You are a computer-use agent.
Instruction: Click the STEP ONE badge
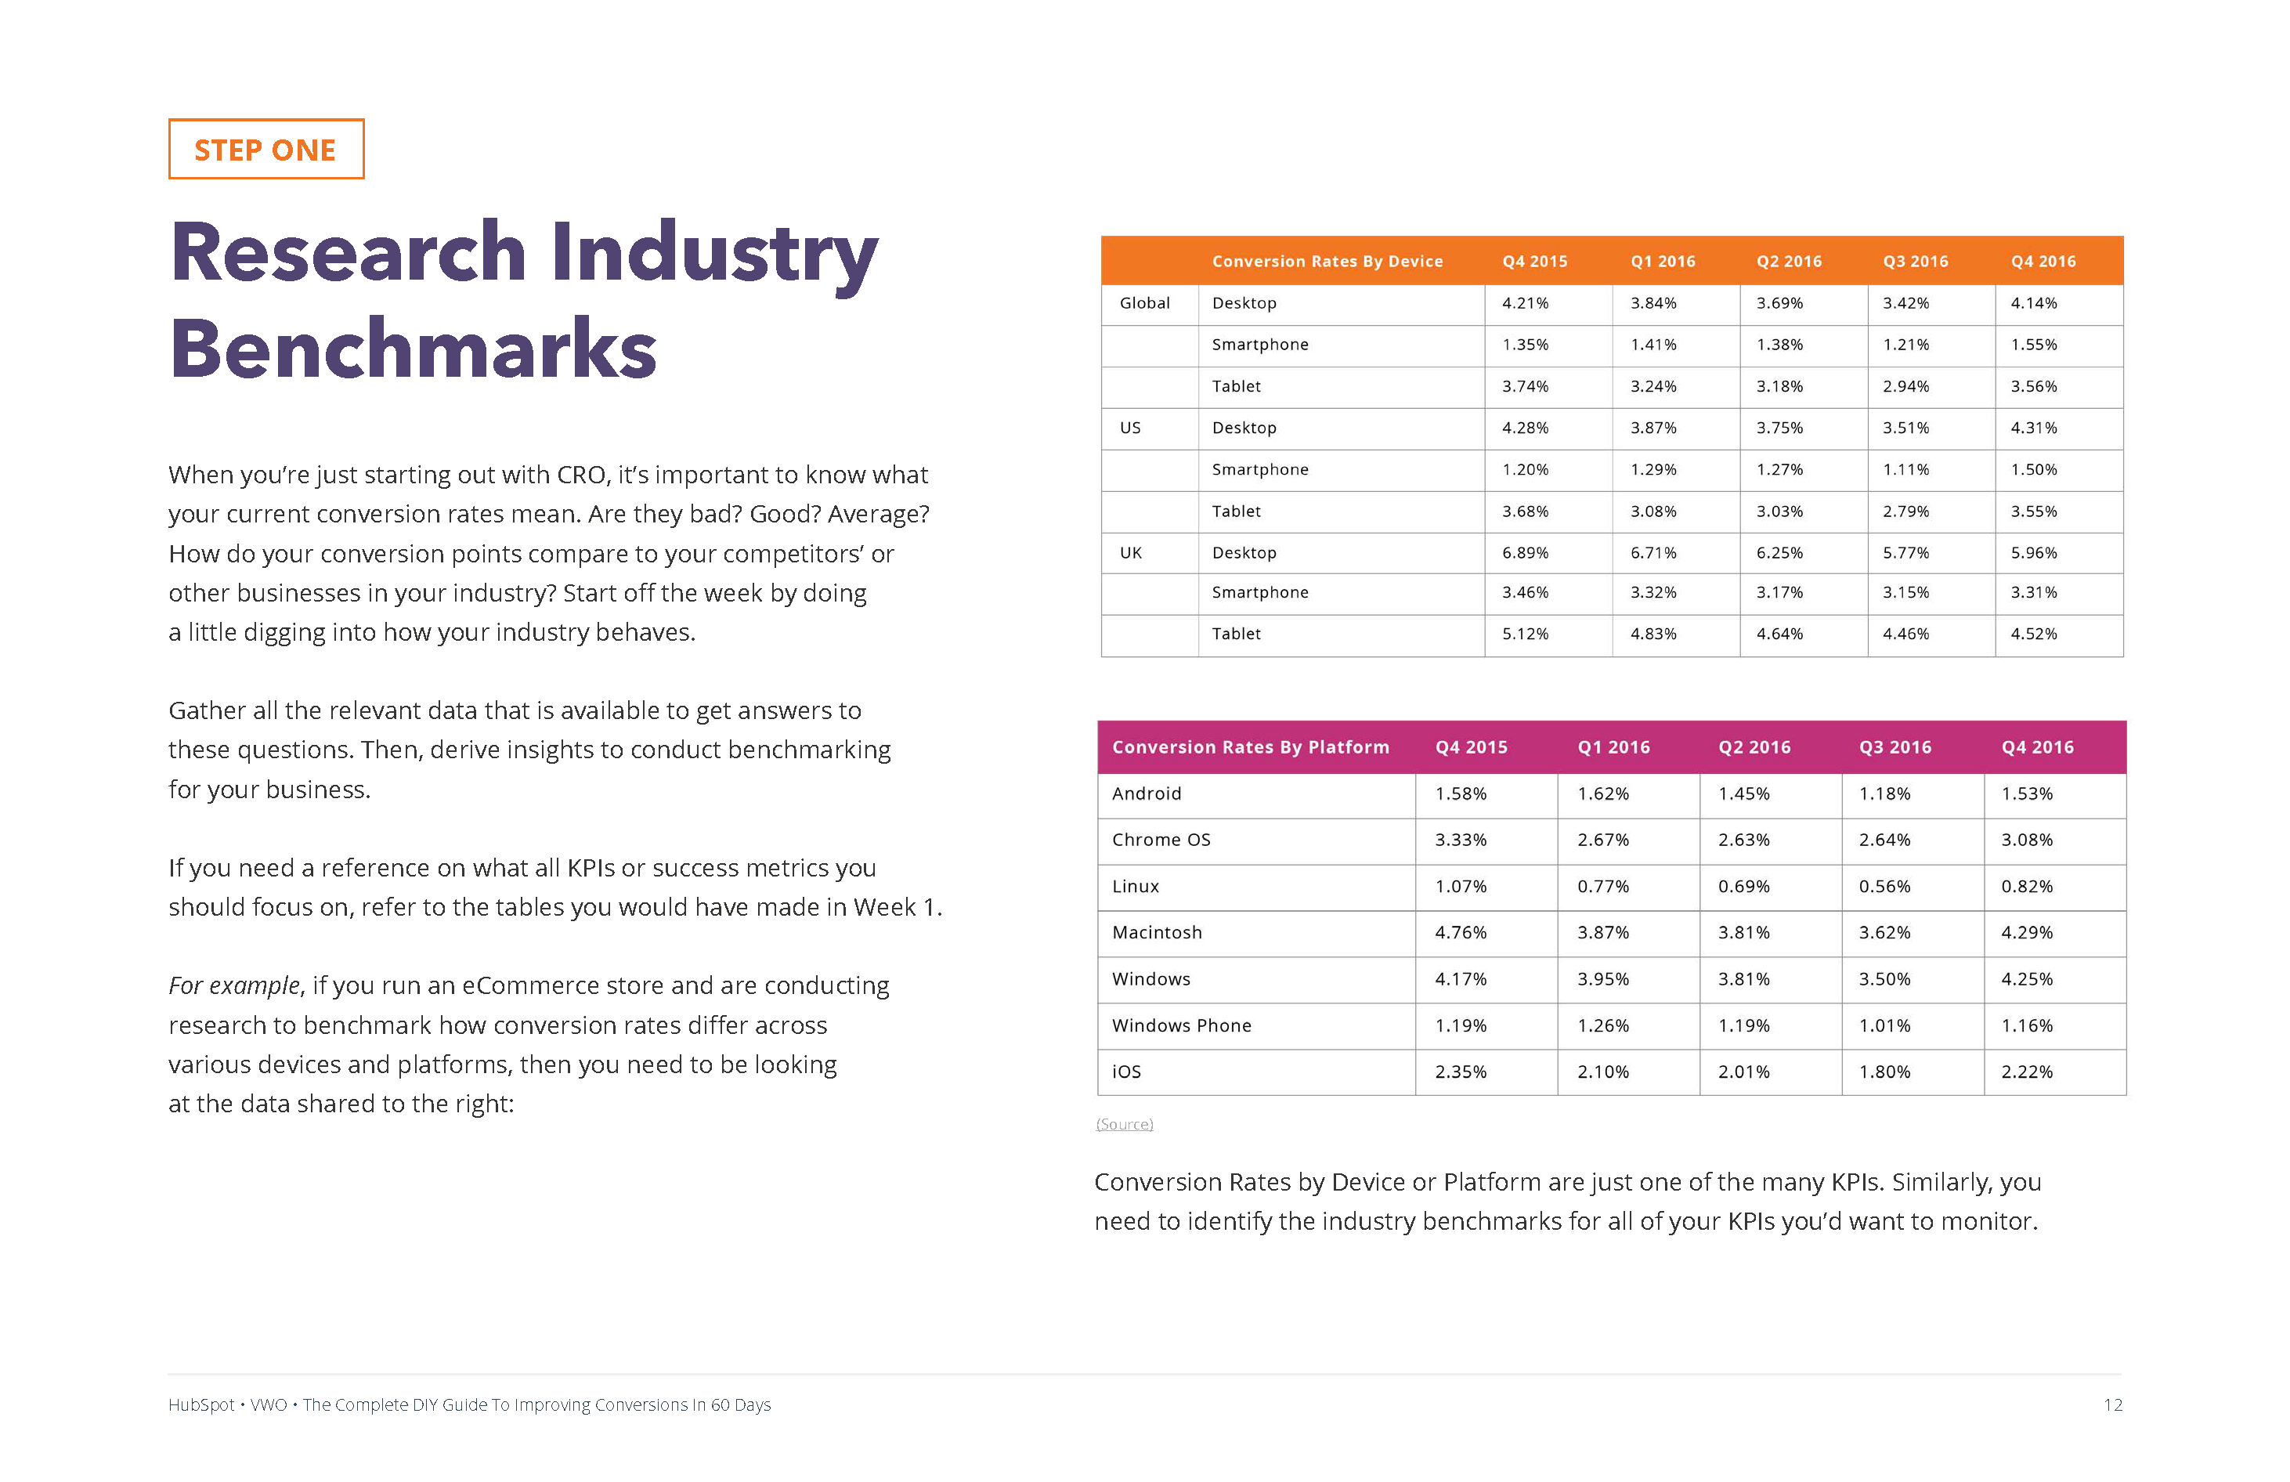265,149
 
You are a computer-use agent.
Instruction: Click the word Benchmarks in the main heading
414,349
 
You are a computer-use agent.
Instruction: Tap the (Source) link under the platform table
1124,1124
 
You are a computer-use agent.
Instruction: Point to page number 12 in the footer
2112,1405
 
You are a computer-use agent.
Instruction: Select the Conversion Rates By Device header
1327,261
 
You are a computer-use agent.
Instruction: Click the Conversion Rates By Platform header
1250,746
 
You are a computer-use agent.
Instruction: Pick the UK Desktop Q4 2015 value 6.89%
1525,552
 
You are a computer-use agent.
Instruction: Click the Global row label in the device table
1144,303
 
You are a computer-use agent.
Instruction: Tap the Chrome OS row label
1161,839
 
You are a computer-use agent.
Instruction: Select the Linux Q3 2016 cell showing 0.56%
1884,887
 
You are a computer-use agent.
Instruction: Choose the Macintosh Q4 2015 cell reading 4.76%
1461,932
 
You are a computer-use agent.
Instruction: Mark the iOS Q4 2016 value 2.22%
2026,1071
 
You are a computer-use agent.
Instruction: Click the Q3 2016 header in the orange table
1915,261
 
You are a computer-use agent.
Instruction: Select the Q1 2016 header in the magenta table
1613,746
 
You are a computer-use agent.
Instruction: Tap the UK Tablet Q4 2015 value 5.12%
1525,633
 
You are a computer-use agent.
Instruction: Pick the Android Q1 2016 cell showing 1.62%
1603,793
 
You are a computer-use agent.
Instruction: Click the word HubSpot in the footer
201,1405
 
